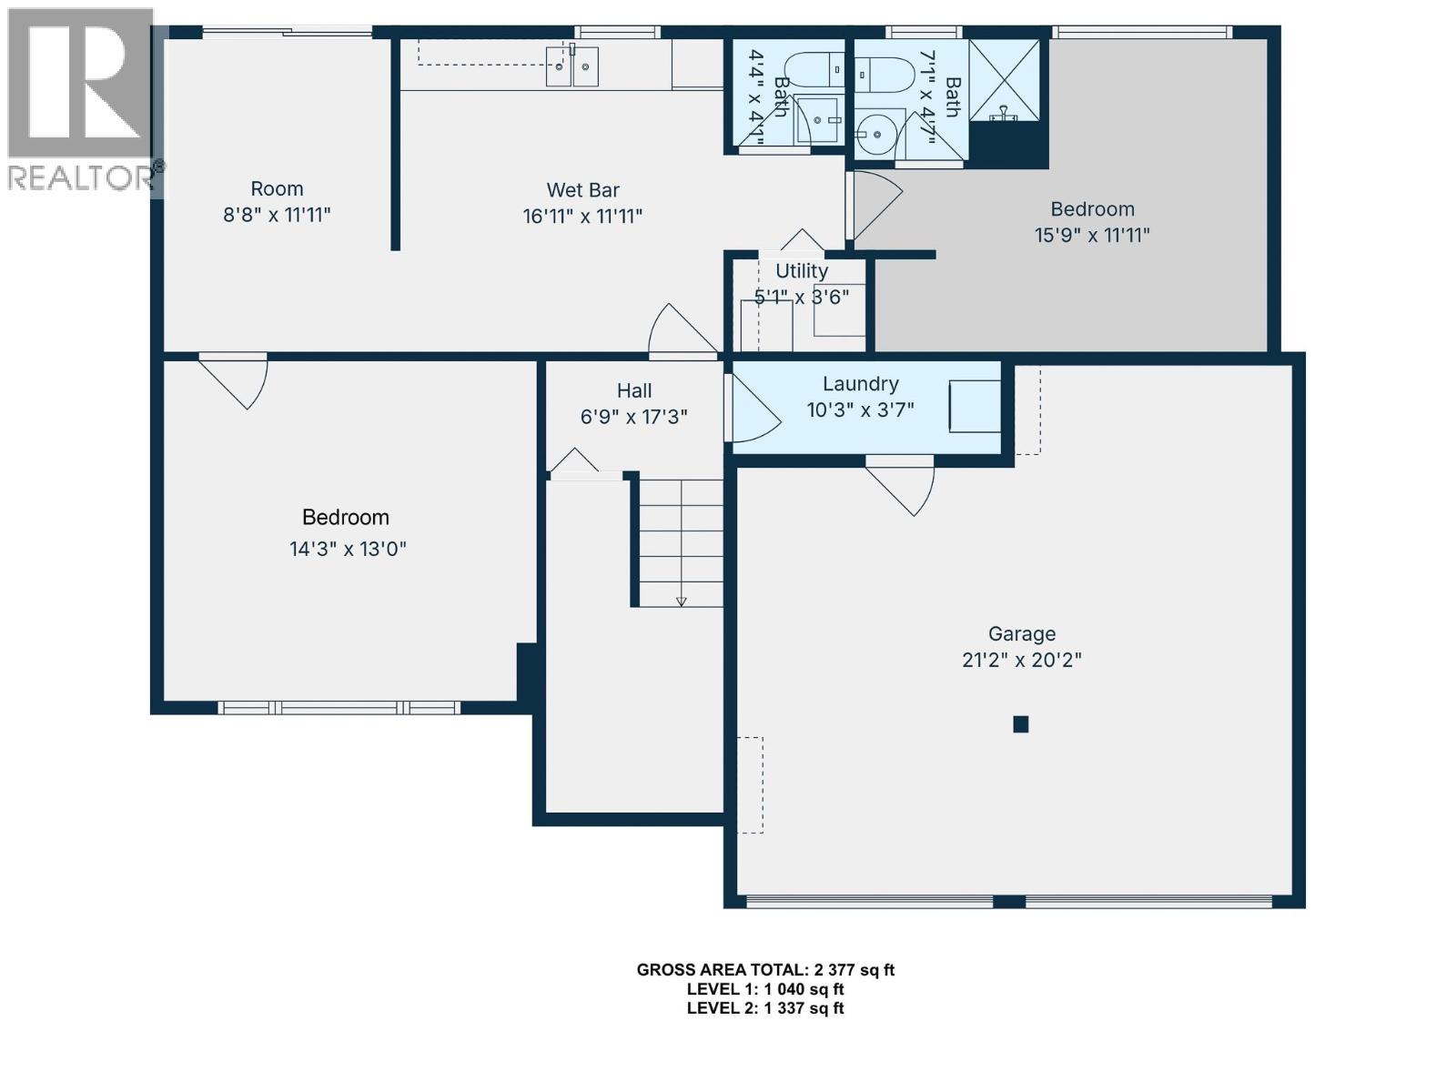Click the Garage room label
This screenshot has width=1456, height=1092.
(x=1021, y=634)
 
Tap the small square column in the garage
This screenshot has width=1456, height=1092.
(x=1021, y=724)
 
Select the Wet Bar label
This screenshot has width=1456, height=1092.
(x=582, y=190)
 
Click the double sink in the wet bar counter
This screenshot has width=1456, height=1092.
(x=572, y=66)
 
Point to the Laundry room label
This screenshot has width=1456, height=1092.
(x=860, y=384)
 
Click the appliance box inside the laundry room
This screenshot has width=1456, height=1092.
(x=975, y=407)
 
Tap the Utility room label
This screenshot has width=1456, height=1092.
(x=801, y=271)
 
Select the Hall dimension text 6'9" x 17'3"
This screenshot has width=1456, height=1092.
(x=633, y=417)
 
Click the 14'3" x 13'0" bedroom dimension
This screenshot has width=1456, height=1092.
(x=348, y=549)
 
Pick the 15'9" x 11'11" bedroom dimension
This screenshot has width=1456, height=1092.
(x=1092, y=235)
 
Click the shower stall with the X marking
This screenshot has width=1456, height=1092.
(x=1004, y=80)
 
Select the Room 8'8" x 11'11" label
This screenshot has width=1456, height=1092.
(x=277, y=202)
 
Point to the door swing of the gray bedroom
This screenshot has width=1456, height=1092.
(x=875, y=205)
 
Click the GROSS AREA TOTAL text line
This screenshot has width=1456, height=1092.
(x=765, y=970)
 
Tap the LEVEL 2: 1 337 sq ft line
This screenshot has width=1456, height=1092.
(x=765, y=1008)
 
